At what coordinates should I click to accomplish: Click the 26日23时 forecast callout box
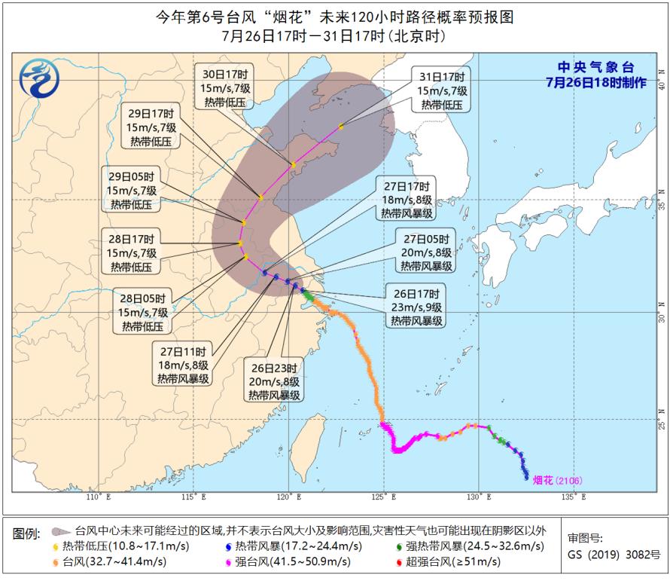click(x=274, y=381)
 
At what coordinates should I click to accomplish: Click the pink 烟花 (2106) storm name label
click(x=558, y=480)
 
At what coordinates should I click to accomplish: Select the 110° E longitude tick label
click(x=98, y=497)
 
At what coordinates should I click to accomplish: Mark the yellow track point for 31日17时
click(x=341, y=127)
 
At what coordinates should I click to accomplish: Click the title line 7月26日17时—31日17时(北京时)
click(x=334, y=36)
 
